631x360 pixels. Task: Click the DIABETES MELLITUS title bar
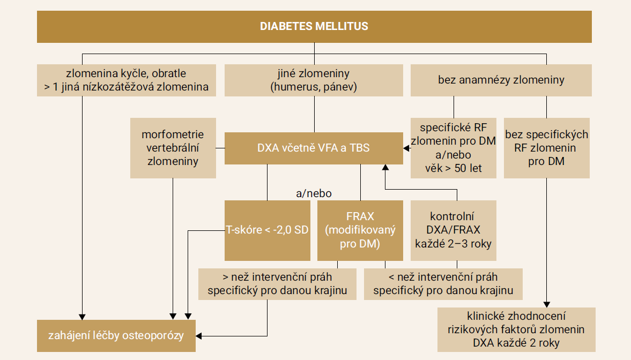(314, 26)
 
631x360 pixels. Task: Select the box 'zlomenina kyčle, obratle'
(127, 80)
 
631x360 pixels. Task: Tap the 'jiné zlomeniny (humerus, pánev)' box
(314, 80)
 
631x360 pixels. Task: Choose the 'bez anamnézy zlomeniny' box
(501, 80)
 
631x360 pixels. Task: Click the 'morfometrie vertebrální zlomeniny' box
(173, 148)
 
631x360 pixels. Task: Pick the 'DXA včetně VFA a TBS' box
(314, 148)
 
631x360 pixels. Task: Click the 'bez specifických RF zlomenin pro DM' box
(546, 148)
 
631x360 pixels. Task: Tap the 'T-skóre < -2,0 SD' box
(267, 230)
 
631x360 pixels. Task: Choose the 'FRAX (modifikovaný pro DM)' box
(360, 230)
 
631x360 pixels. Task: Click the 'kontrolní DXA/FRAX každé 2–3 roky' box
(453, 230)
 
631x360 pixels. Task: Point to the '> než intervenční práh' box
(277, 284)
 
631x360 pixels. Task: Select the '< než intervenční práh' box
(443, 284)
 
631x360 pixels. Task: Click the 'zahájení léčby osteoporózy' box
(116, 336)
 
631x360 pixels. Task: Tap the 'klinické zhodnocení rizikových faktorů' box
(516, 329)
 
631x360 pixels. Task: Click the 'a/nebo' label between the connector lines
(314, 193)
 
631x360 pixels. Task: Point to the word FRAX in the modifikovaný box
(360, 217)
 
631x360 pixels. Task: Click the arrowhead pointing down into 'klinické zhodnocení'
(546, 304)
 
